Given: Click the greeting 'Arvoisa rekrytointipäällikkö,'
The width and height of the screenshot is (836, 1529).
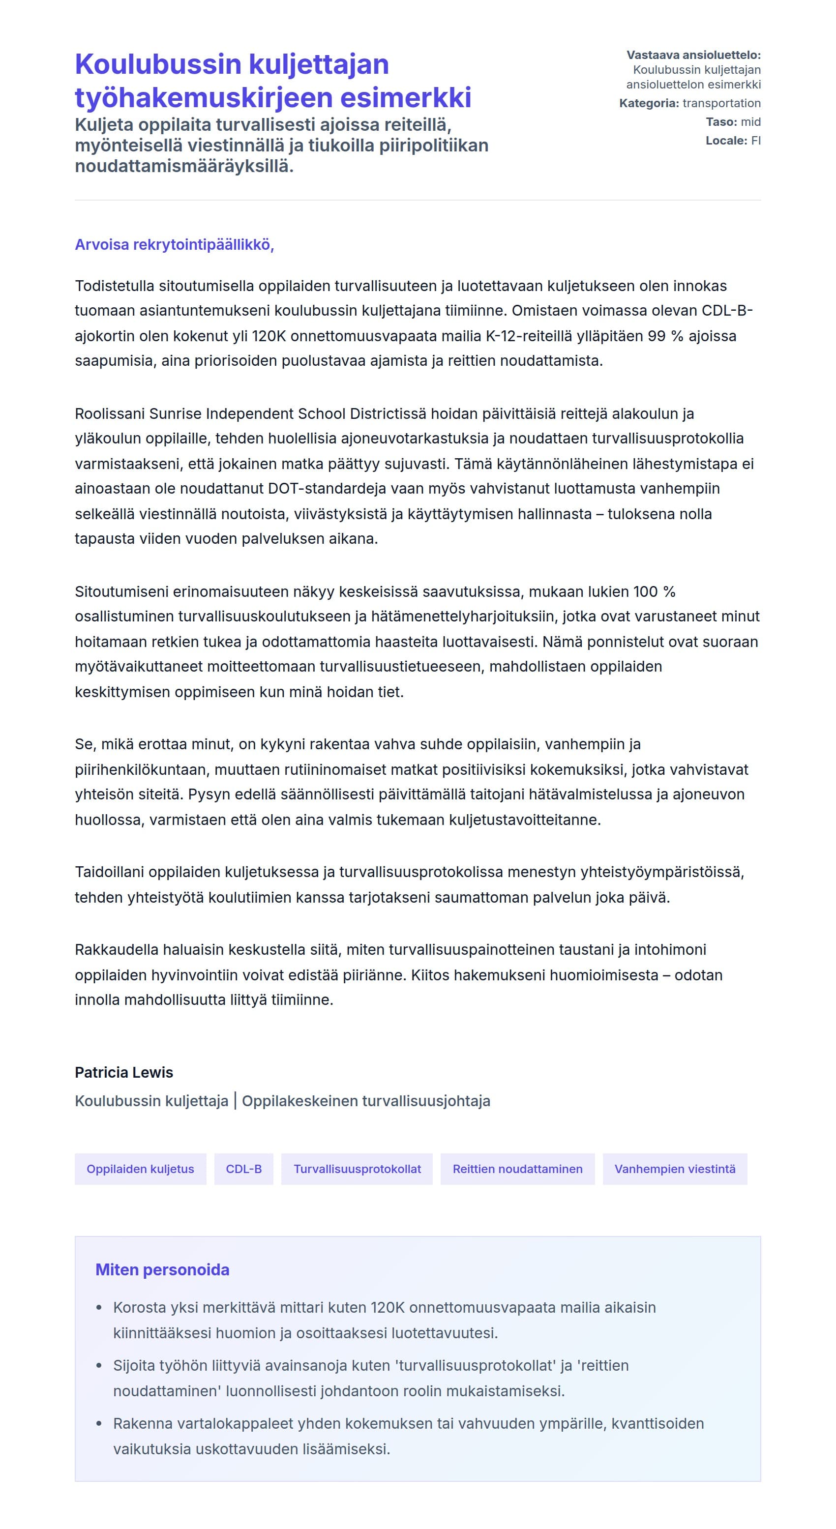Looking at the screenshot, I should (174, 244).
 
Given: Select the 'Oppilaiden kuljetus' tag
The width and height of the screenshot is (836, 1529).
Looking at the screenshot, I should (140, 1169).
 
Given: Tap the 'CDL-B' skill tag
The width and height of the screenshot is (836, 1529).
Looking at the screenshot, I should (243, 1169).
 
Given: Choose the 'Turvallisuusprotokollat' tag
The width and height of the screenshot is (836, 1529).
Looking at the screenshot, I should (357, 1169).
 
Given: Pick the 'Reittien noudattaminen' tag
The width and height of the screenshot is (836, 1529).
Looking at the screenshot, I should (517, 1169).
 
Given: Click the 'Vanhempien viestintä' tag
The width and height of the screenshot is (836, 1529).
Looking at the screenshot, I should (675, 1169).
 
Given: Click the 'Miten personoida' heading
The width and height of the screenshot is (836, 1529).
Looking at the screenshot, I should (162, 1269).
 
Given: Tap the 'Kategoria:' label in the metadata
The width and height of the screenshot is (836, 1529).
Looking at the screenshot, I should (648, 103).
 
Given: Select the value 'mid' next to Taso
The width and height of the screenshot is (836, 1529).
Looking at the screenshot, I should (750, 121).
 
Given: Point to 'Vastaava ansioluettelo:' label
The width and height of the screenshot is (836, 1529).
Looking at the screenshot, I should (693, 55).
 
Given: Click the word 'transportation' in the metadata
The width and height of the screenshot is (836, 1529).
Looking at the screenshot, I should (721, 103).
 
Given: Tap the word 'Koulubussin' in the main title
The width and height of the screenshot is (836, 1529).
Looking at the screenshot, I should (158, 64).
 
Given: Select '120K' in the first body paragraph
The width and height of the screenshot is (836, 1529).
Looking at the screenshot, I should (269, 336).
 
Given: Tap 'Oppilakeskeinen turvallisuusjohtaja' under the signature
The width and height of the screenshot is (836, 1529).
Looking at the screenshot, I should (366, 1101).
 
